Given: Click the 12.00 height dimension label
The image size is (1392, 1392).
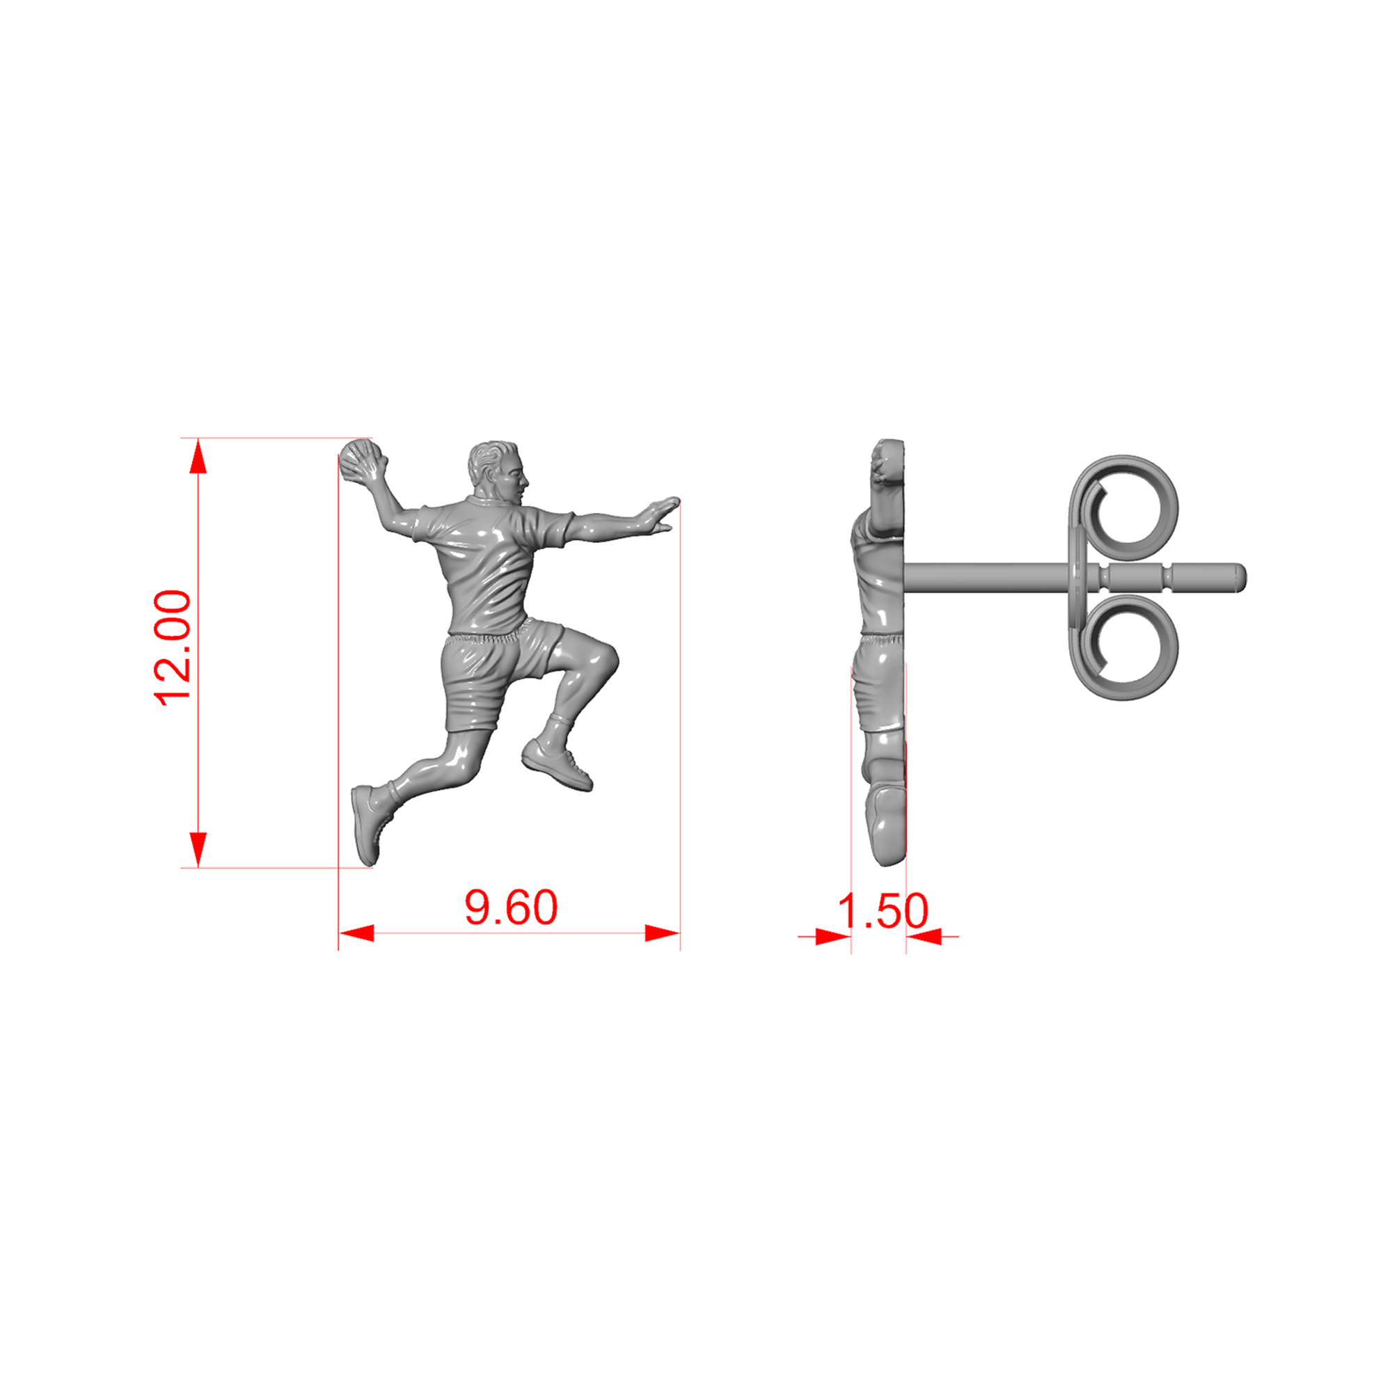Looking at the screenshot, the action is coord(173,647).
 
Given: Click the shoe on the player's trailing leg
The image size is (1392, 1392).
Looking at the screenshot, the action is coord(369,824).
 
